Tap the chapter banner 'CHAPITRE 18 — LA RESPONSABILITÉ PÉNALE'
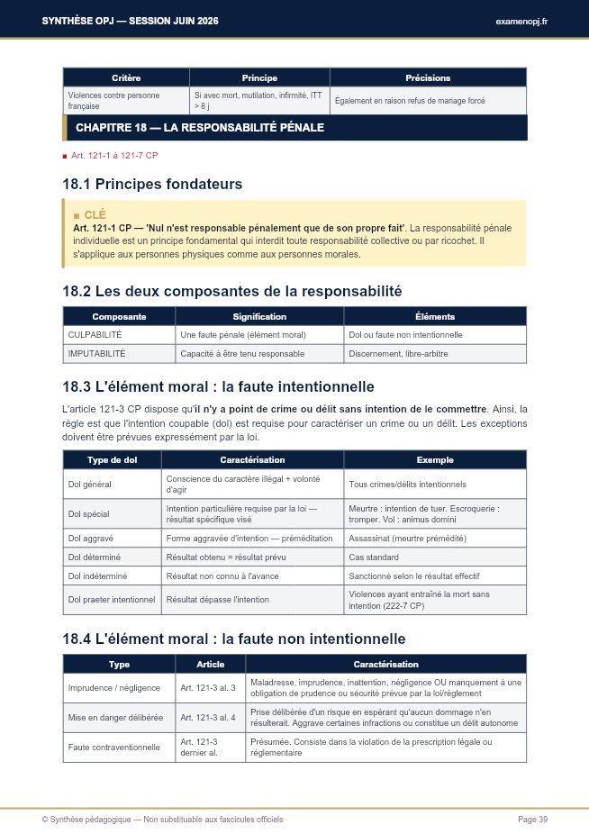pyautogui.click(x=200, y=128)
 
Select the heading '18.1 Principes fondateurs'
pyautogui.click(x=152, y=185)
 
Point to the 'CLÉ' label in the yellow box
pyautogui.click(x=95, y=215)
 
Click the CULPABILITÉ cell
pyautogui.click(x=95, y=334)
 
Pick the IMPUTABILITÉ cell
pyautogui.click(x=97, y=354)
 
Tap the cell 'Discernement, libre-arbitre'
pyautogui.click(x=398, y=354)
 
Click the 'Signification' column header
pyautogui.click(x=259, y=316)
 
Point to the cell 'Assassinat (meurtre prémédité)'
pyautogui.click(x=407, y=538)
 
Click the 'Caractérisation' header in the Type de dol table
pyautogui.click(x=252, y=459)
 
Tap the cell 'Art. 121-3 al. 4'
pyautogui.click(x=207, y=718)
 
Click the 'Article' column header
pyautogui.click(x=210, y=664)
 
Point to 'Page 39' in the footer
pyautogui.click(x=532, y=819)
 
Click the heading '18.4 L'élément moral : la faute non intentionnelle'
pyautogui.click(x=233, y=639)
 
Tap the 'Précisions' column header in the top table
pyautogui.click(x=427, y=77)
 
